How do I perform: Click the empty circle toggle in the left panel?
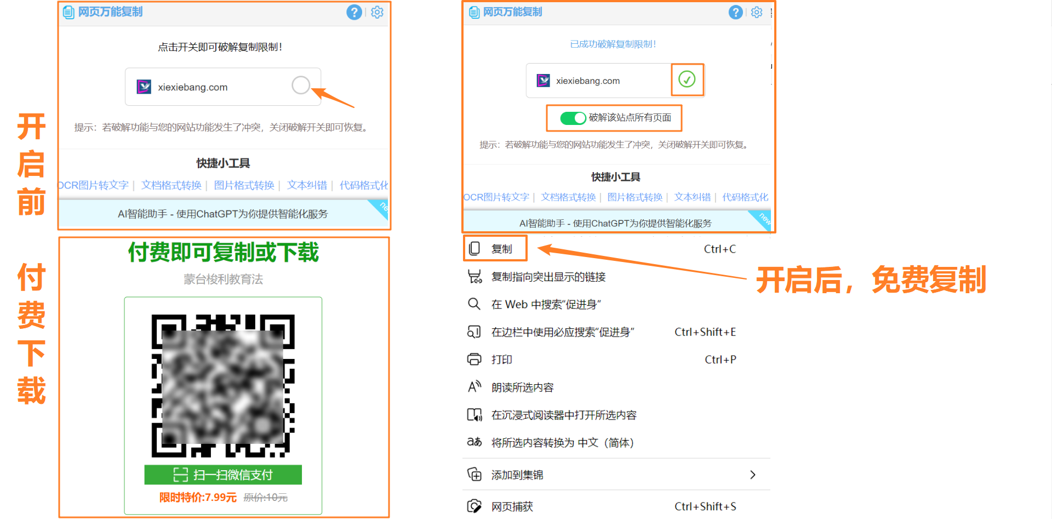[301, 85]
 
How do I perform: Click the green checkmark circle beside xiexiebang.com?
[687, 79]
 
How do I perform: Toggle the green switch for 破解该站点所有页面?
[573, 118]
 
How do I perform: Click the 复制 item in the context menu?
[501, 249]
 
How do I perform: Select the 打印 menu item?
[501, 360]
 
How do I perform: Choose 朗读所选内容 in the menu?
[522, 387]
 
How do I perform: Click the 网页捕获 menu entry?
[512, 506]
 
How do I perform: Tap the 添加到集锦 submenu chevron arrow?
[753, 475]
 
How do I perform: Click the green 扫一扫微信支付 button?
[223, 475]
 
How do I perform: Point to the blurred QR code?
[223, 386]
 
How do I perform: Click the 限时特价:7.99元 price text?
[198, 497]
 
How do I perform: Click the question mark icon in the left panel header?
[354, 12]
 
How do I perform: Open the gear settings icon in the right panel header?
[757, 12]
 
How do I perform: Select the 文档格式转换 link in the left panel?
[171, 185]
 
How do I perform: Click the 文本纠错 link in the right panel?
[692, 197]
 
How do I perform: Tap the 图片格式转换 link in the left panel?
[244, 185]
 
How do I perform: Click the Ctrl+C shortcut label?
[719, 249]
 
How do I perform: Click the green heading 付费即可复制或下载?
[224, 253]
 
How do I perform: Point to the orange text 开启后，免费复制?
[871, 280]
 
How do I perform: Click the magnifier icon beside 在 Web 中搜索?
[474, 304]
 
